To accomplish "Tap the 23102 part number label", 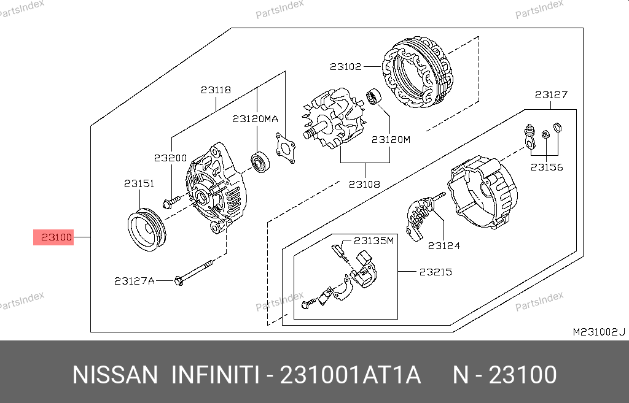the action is [346, 66].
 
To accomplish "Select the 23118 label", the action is [216, 90].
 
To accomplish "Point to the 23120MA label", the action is [255, 118].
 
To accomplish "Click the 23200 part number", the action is [171, 158].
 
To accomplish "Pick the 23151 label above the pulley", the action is [139, 183].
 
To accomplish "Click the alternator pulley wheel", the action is [146, 229].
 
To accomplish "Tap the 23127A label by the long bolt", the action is [135, 281].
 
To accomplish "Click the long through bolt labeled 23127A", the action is [194, 273].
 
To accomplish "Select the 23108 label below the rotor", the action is [364, 184].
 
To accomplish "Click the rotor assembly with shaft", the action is [334, 119].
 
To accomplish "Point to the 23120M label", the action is [391, 139].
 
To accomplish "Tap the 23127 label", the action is [551, 95].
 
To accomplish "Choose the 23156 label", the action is [547, 167].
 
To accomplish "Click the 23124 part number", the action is [444, 245].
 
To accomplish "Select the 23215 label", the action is [436, 272].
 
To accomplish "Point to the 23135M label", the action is [374, 241].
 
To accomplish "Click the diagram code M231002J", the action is [599, 332].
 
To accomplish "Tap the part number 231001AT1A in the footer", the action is [350, 375].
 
